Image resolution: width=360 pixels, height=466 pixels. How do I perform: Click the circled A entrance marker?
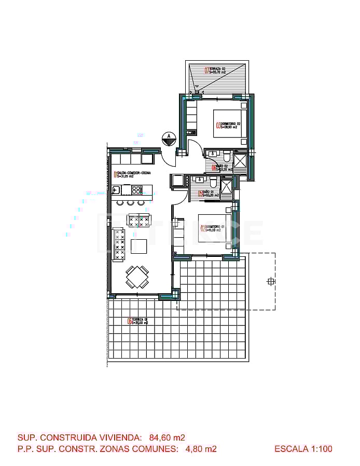coord(168,138)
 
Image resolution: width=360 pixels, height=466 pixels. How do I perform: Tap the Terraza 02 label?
coord(216,71)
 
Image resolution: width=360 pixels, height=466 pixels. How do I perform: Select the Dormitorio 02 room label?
coord(227,125)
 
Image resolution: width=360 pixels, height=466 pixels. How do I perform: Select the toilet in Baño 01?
coord(213,182)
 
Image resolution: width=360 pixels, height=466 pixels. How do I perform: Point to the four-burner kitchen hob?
coord(137,190)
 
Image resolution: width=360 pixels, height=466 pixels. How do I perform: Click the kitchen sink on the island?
coord(116,190)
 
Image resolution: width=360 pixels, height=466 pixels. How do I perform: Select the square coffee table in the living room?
coord(139,245)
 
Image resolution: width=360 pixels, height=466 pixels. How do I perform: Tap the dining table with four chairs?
coord(138,277)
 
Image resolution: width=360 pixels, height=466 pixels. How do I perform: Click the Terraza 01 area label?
coord(139,321)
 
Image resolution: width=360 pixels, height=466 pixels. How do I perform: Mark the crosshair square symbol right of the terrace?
coord(270,282)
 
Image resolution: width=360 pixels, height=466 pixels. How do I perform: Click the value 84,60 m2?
coord(167,437)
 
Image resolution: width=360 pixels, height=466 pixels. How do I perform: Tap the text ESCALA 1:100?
coord(303,449)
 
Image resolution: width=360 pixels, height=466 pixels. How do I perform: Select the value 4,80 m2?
coord(201,449)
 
